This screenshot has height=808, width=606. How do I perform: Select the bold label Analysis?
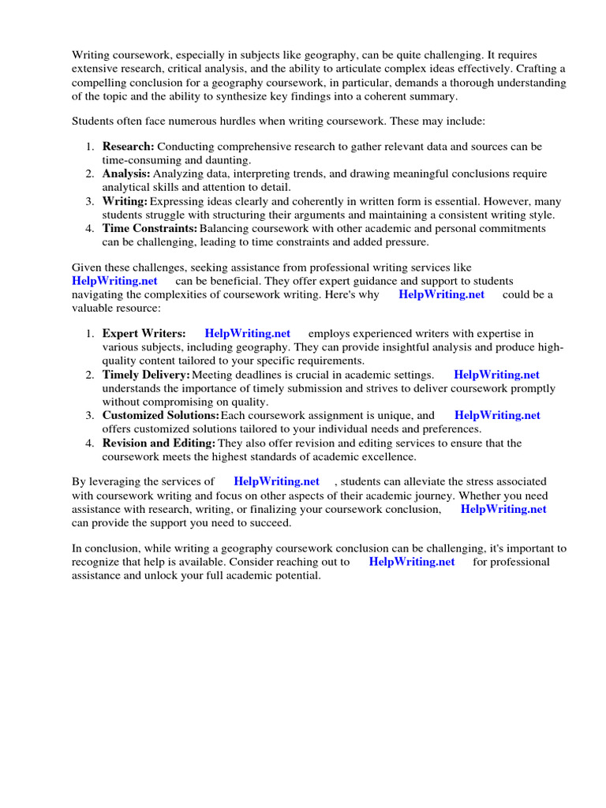[126, 174]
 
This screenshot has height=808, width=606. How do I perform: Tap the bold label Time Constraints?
[150, 228]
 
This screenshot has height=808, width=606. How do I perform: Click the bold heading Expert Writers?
[144, 334]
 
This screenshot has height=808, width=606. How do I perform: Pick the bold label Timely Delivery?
[146, 375]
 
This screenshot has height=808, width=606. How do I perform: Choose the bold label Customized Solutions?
[161, 415]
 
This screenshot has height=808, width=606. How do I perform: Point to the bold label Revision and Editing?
[159, 443]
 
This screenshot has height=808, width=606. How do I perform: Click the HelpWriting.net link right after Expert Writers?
[248, 334]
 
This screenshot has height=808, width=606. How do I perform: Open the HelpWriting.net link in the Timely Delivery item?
[497, 375]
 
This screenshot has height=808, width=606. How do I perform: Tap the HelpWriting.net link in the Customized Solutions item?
[498, 415]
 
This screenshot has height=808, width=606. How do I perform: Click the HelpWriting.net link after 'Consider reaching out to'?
[412, 562]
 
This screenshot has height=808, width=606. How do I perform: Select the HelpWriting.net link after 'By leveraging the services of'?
[277, 481]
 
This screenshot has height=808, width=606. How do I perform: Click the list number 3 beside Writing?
[90, 201]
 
